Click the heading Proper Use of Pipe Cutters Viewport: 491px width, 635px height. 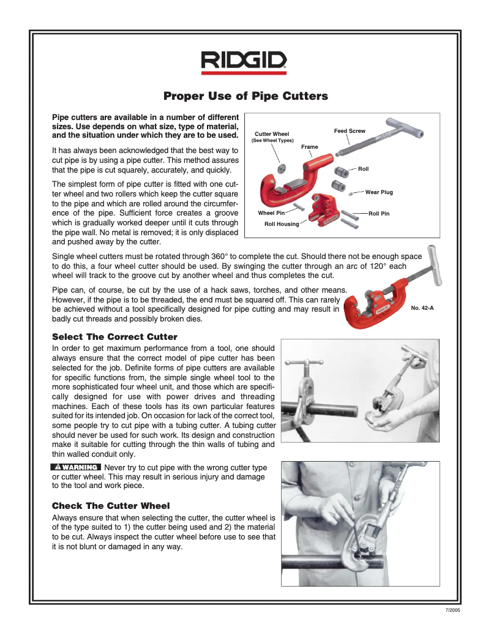pos(245,96)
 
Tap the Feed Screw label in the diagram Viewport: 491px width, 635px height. pos(350,131)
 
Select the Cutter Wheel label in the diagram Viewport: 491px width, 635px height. pos(272,134)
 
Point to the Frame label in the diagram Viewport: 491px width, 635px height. pos(310,147)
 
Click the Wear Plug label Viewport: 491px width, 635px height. pos(379,192)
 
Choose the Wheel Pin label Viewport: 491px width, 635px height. pos(271,213)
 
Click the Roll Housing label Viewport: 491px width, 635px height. pos(282,224)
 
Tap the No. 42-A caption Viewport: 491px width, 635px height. pos(422,308)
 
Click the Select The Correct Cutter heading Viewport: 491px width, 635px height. pos(115,337)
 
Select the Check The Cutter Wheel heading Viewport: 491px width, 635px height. pos(111,505)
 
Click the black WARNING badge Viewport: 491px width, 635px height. pos(75,467)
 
